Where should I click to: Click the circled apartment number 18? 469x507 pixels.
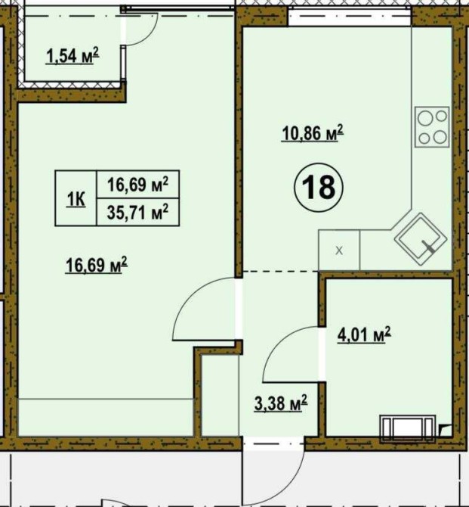pyautogui.click(x=319, y=188)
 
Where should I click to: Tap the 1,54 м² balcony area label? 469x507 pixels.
pyautogui.click(x=73, y=55)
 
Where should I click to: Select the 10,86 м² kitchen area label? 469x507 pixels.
pyautogui.click(x=313, y=133)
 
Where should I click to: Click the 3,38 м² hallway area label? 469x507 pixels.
pyautogui.click(x=281, y=403)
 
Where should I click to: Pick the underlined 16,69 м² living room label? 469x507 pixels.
pyautogui.click(x=97, y=265)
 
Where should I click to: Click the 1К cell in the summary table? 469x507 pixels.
pyautogui.click(x=76, y=198)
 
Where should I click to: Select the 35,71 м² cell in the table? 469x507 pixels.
pyautogui.click(x=137, y=212)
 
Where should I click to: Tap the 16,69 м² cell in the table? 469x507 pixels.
pyautogui.click(x=137, y=185)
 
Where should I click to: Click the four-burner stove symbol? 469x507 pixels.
pyautogui.click(x=432, y=127)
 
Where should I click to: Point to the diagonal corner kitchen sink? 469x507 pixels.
pyautogui.click(x=421, y=239)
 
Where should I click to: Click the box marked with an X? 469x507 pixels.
pyautogui.click(x=339, y=250)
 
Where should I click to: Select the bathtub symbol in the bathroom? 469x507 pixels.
pyautogui.click(x=408, y=428)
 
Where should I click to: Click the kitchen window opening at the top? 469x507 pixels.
pyautogui.click(x=350, y=16)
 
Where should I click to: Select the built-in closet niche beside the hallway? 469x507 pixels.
pyautogui.click(x=220, y=395)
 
